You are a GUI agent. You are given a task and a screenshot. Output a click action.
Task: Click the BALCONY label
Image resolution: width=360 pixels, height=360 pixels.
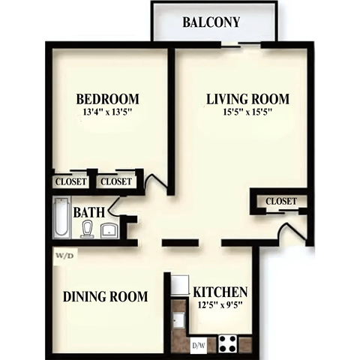pos(211,22)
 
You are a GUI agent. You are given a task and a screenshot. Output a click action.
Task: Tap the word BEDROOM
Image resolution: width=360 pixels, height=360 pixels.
pos(109,99)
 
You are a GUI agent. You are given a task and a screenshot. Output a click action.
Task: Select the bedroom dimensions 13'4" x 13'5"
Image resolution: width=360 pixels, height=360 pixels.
pos(109,113)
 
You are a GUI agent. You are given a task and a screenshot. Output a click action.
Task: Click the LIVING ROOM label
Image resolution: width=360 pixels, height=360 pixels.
pos(247,99)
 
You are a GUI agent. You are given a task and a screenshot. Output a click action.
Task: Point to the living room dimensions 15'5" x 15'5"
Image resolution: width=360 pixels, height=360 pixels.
pos(247,113)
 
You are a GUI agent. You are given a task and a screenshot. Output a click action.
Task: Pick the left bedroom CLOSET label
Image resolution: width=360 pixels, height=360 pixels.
pos(70,181)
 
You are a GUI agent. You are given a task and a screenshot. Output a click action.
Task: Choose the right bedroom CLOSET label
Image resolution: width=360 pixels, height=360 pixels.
pos(116,181)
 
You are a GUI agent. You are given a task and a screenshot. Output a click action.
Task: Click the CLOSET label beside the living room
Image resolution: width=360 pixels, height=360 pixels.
pos(281,201)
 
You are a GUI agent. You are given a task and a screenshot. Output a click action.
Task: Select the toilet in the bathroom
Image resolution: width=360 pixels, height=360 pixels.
pos(88,229)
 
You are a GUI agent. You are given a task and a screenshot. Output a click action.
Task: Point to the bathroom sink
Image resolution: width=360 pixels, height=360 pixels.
pos(109,229)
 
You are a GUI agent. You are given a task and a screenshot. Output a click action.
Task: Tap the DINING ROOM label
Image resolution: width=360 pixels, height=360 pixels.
pos(104,295)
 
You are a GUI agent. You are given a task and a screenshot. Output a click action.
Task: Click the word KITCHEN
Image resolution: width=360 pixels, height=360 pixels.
pos(220,292)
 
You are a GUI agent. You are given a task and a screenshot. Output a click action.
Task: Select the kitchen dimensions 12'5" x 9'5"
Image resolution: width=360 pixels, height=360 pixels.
pos(220,305)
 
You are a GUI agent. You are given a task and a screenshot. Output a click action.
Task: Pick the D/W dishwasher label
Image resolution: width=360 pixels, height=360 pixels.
pos(199,345)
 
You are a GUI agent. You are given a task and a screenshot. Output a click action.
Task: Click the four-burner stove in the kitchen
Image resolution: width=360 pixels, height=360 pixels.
pos(228,344)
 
